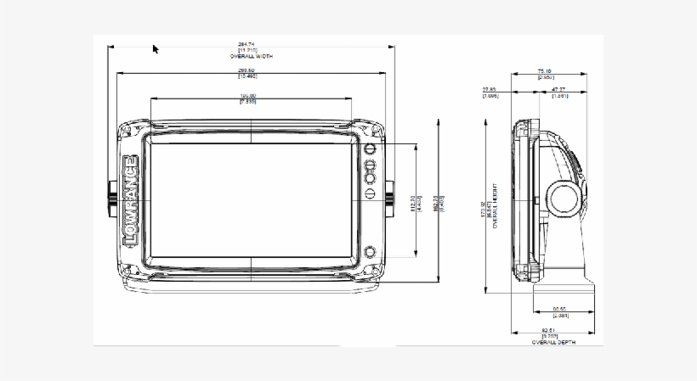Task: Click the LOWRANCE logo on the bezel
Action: [130, 202]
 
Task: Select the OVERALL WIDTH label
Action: [251, 56]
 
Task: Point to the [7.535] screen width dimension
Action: [249, 102]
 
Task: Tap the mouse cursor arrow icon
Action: [156, 49]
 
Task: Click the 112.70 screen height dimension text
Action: [411, 201]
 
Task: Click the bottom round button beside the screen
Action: [371, 252]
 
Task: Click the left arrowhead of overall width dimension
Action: [110, 48]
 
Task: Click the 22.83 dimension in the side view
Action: [490, 91]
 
